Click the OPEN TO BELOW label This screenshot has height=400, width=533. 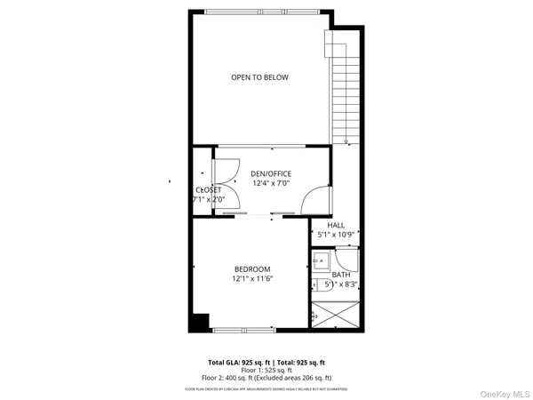(259, 77)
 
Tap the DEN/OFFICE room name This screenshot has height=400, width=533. (271, 173)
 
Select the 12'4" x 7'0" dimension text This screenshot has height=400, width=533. (271, 183)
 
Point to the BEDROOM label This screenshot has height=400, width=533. (252, 269)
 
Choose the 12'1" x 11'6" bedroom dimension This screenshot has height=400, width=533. (252, 279)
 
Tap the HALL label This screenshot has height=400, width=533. (336, 226)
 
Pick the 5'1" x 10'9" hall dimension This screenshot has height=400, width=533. (337, 236)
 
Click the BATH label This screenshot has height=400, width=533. (341, 275)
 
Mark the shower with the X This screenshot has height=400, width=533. (336, 316)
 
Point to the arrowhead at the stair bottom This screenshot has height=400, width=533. (347, 141)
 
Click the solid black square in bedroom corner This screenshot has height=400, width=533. (201, 321)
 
